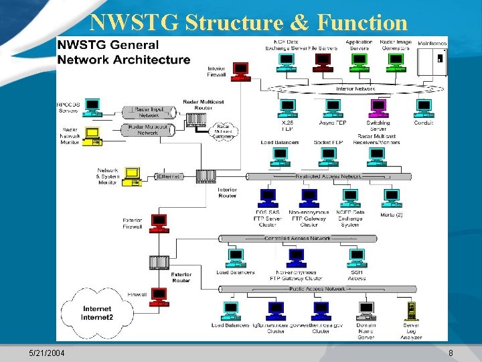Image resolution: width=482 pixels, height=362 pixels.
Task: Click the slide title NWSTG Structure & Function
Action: click(x=248, y=22)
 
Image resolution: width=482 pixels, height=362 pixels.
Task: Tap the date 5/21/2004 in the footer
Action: click(x=48, y=353)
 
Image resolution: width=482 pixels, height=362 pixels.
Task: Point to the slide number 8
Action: click(x=451, y=353)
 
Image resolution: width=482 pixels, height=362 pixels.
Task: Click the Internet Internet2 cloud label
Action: click(x=97, y=313)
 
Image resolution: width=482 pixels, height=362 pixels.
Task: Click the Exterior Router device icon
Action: click(x=159, y=262)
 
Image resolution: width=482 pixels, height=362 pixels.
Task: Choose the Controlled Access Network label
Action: click(x=297, y=238)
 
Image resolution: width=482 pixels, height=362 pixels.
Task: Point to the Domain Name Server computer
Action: click(x=366, y=310)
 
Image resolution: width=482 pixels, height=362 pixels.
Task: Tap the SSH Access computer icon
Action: click(x=357, y=258)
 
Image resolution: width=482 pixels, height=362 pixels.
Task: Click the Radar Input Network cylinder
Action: click(x=148, y=112)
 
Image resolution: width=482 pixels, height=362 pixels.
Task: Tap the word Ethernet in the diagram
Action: click(x=169, y=176)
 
